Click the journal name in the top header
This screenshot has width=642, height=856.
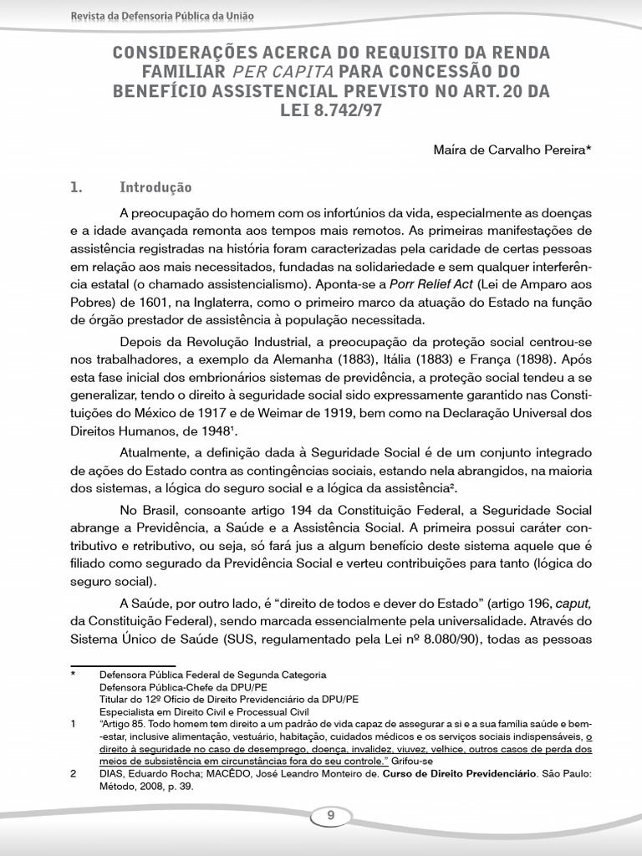point(163,16)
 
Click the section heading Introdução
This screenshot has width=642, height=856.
point(155,187)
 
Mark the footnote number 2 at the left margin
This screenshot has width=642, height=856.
point(74,774)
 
